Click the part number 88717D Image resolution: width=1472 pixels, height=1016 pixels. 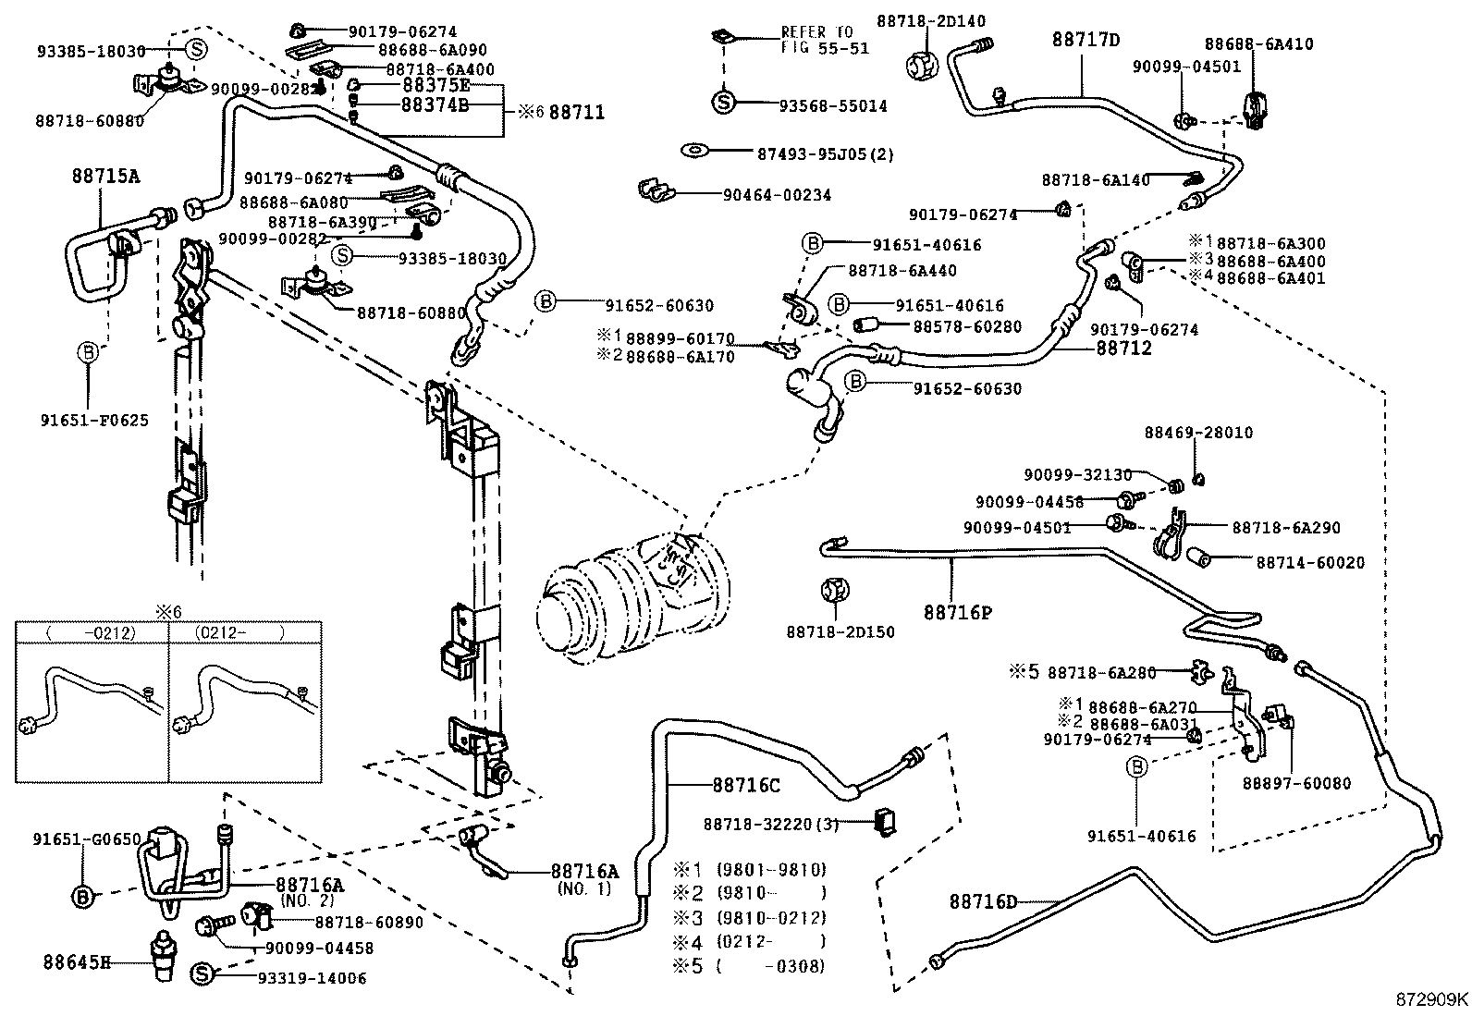pos(1086,40)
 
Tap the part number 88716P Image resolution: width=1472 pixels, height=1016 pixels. pos(957,612)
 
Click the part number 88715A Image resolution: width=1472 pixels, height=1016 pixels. pos(105,175)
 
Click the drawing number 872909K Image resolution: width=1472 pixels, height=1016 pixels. pos(1431,999)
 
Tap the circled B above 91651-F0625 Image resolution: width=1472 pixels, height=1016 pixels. pos(88,351)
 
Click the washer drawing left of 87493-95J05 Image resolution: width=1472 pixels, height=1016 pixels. pos(693,150)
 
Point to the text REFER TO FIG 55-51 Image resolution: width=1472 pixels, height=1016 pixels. pos(825,41)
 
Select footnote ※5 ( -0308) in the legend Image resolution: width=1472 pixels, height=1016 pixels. pos(749,966)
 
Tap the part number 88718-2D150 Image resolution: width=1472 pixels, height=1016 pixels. pos(840,632)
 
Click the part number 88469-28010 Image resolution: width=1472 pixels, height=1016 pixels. pos(1198,433)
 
